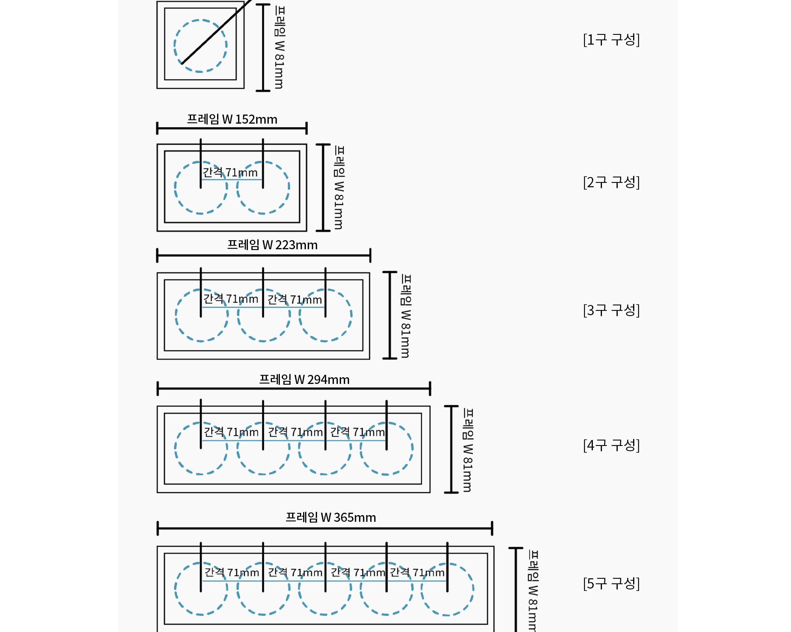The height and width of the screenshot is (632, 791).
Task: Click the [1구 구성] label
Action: [x=611, y=39]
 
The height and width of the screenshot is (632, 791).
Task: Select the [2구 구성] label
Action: [x=611, y=182]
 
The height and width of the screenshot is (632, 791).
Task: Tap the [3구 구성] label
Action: [x=611, y=310]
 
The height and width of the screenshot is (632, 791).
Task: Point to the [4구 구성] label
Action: [x=611, y=445]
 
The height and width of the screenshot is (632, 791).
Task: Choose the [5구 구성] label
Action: [x=611, y=583]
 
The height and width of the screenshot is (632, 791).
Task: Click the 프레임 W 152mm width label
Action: [x=232, y=119]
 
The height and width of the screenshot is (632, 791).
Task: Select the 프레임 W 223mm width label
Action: [x=272, y=245]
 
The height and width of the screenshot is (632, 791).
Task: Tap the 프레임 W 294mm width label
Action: [x=304, y=380]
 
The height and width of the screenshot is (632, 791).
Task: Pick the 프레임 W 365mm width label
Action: [x=331, y=517]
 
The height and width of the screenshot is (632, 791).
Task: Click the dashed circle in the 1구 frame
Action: [x=174, y=46]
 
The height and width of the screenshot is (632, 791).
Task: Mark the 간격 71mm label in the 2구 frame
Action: [x=230, y=173]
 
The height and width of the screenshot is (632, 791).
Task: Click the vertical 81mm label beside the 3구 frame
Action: [x=406, y=316]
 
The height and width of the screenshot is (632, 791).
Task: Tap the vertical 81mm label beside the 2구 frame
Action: [x=339, y=187]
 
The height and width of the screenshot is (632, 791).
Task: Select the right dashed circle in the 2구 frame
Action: [x=289, y=188]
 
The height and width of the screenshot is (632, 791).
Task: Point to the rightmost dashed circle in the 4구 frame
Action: [x=413, y=448]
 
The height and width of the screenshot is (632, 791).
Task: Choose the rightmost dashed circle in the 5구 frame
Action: [x=474, y=589]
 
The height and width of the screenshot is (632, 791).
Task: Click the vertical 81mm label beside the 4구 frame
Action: [x=468, y=450]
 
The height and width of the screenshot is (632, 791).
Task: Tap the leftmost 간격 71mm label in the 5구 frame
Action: [x=232, y=572]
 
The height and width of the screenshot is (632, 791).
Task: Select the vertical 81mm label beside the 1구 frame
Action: [x=279, y=47]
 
